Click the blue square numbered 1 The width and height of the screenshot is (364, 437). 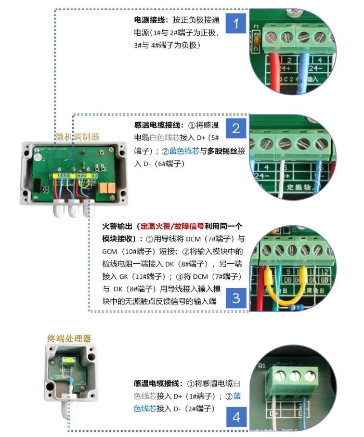[x=236, y=23]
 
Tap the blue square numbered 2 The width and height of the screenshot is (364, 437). [x=236, y=128]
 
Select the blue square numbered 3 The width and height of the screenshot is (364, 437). [x=236, y=298]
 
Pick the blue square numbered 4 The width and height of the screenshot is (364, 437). [x=237, y=417]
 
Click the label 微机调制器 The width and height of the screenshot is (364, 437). [x=78, y=137]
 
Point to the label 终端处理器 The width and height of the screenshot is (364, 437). [x=69, y=338]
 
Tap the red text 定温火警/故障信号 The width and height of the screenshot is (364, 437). [x=172, y=226]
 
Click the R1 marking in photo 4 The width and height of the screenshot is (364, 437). [x=262, y=366]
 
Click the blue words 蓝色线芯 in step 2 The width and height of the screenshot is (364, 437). [x=184, y=151]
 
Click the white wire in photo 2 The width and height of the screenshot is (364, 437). [x=282, y=179]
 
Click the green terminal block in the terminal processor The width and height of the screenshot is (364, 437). [x=68, y=361]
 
